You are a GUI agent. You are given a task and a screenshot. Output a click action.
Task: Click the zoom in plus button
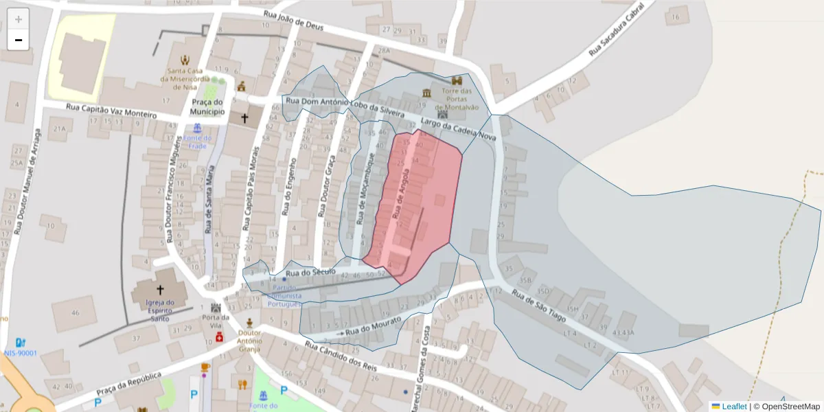[19, 19]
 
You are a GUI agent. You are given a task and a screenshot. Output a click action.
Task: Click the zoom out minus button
[19, 40]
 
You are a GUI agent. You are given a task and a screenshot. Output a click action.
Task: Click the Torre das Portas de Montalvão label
[457, 99]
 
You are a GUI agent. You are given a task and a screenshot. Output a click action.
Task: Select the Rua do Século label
[310, 273]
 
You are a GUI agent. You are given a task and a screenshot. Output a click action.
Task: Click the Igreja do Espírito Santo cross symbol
[161, 290]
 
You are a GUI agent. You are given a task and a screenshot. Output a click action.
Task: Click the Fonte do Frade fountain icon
[198, 128]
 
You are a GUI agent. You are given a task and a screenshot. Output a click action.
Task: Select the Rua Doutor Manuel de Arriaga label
[27, 181]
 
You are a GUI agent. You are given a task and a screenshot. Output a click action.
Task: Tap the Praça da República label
[129, 388]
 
